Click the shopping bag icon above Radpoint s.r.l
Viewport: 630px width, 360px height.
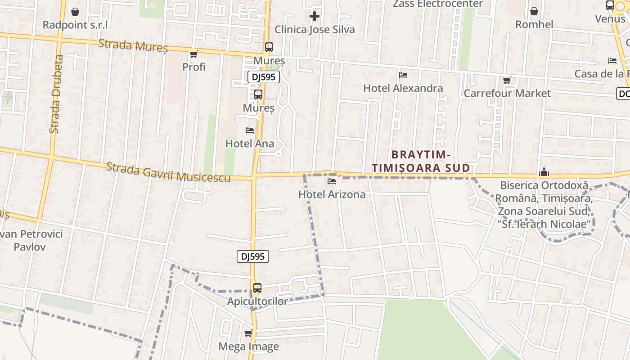coord(75,12)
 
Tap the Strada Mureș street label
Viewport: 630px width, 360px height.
coord(133,45)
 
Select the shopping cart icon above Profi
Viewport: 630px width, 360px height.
coord(194,54)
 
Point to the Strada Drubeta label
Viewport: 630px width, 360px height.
coord(55,94)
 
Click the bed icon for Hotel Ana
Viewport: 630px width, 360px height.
coord(250,130)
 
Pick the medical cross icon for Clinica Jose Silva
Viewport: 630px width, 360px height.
coord(315,17)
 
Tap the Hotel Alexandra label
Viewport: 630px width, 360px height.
coord(403,88)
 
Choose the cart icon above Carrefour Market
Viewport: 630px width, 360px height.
coord(507,81)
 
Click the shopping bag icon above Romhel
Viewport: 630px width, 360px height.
coord(534,11)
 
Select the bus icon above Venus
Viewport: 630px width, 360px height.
coord(610,6)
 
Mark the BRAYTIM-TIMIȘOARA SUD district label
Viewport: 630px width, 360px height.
coord(421,161)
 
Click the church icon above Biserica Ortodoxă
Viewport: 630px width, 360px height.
coord(544,172)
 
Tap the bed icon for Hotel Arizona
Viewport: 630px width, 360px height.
coord(332,181)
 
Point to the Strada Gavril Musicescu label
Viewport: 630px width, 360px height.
coord(168,173)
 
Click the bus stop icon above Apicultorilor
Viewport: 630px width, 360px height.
coord(257,288)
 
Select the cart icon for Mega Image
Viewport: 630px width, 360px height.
coord(248,333)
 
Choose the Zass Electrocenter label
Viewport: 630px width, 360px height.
coord(438,4)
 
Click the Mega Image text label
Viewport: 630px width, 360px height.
coord(248,346)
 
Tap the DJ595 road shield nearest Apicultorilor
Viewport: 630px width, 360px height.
coord(253,256)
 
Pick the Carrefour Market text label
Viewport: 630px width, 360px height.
coord(507,93)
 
